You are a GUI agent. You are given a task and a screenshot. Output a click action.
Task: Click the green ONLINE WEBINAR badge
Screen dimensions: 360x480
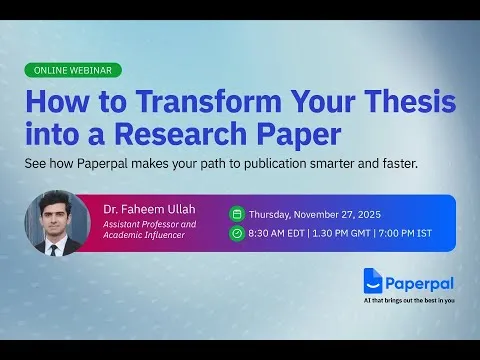pyautogui.click(x=74, y=71)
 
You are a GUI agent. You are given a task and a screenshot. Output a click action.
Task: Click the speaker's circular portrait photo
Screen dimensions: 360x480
pyautogui.click(x=57, y=222)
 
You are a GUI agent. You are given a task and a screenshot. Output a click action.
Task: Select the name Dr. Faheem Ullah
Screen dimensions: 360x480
pyautogui.click(x=147, y=209)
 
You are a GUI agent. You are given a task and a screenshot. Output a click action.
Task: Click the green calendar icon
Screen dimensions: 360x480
pyautogui.click(x=236, y=213)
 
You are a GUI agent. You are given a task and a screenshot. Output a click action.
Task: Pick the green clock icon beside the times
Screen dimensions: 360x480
pyautogui.click(x=236, y=233)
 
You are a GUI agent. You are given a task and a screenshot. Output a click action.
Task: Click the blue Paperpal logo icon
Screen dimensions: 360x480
pyautogui.click(x=374, y=281)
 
